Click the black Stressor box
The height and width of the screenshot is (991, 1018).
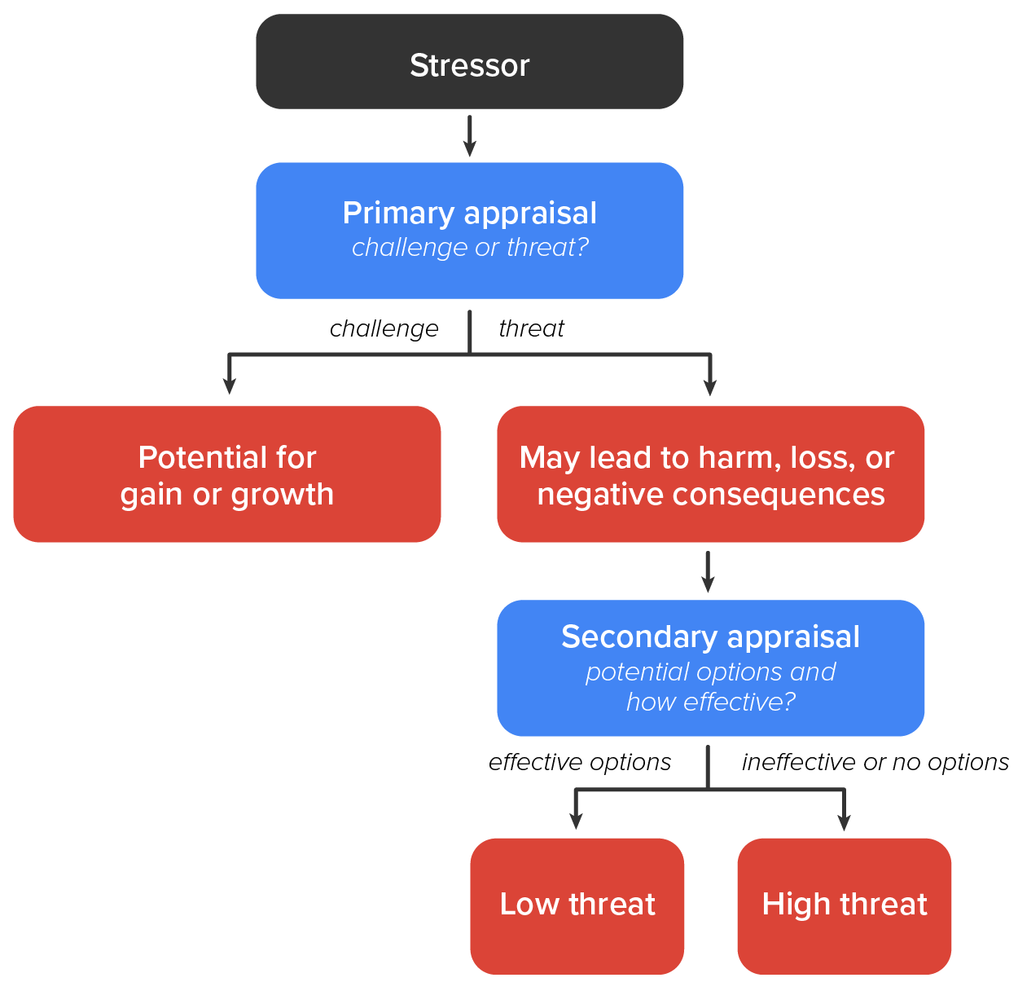click(x=469, y=62)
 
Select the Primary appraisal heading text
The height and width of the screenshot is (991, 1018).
click(x=469, y=213)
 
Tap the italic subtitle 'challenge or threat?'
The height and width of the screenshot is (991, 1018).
click(x=469, y=247)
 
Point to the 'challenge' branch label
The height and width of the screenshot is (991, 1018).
click(x=384, y=328)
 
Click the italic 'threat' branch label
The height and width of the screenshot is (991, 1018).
click(x=531, y=328)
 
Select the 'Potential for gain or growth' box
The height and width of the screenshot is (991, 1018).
click(x=226, y=474)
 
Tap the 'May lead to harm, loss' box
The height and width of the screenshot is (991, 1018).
click(x=710, y=474)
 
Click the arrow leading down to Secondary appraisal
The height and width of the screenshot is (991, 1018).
click(x=708, y=572)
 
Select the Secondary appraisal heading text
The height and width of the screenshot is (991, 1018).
click(x=710, y=636)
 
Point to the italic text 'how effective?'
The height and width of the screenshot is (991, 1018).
click(x=710, y=702)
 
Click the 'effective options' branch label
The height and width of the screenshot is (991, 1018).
click(x=580, y=762)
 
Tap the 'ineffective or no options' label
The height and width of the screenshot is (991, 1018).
click(x=875, y=762)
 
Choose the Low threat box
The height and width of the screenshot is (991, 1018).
click(x=577, y=905)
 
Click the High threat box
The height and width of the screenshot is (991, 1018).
click(x=844, y=905)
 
